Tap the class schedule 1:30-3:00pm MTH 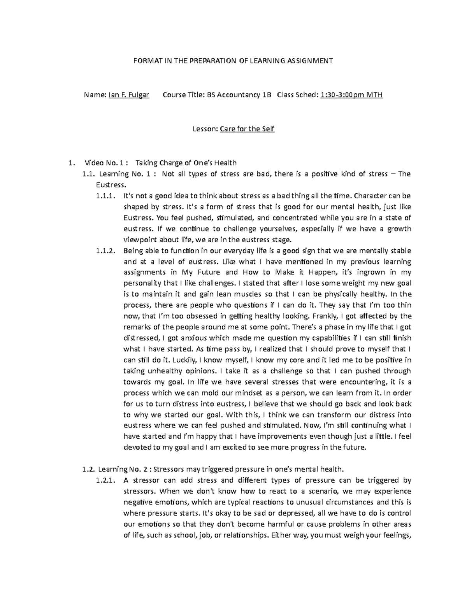pos(351,95)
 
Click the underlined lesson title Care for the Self pos(247,129)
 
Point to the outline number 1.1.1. pos(105,196)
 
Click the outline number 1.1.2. pos(105,250)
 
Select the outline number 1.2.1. pos(105,480)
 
